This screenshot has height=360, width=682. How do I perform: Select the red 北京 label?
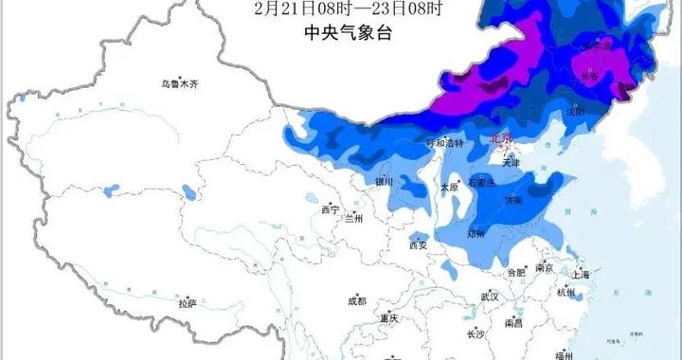click(502, 138)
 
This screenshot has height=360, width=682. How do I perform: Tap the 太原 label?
click(450, 187)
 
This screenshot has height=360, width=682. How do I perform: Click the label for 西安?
click(419, 244)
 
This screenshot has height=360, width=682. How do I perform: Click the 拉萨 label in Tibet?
click(188, 303)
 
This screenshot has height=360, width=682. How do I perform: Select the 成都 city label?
click(356, 301)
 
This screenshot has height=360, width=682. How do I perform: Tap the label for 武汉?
click(490, 297)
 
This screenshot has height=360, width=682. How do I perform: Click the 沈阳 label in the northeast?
click(597, 110)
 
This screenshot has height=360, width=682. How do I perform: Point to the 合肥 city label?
click(517, 273)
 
